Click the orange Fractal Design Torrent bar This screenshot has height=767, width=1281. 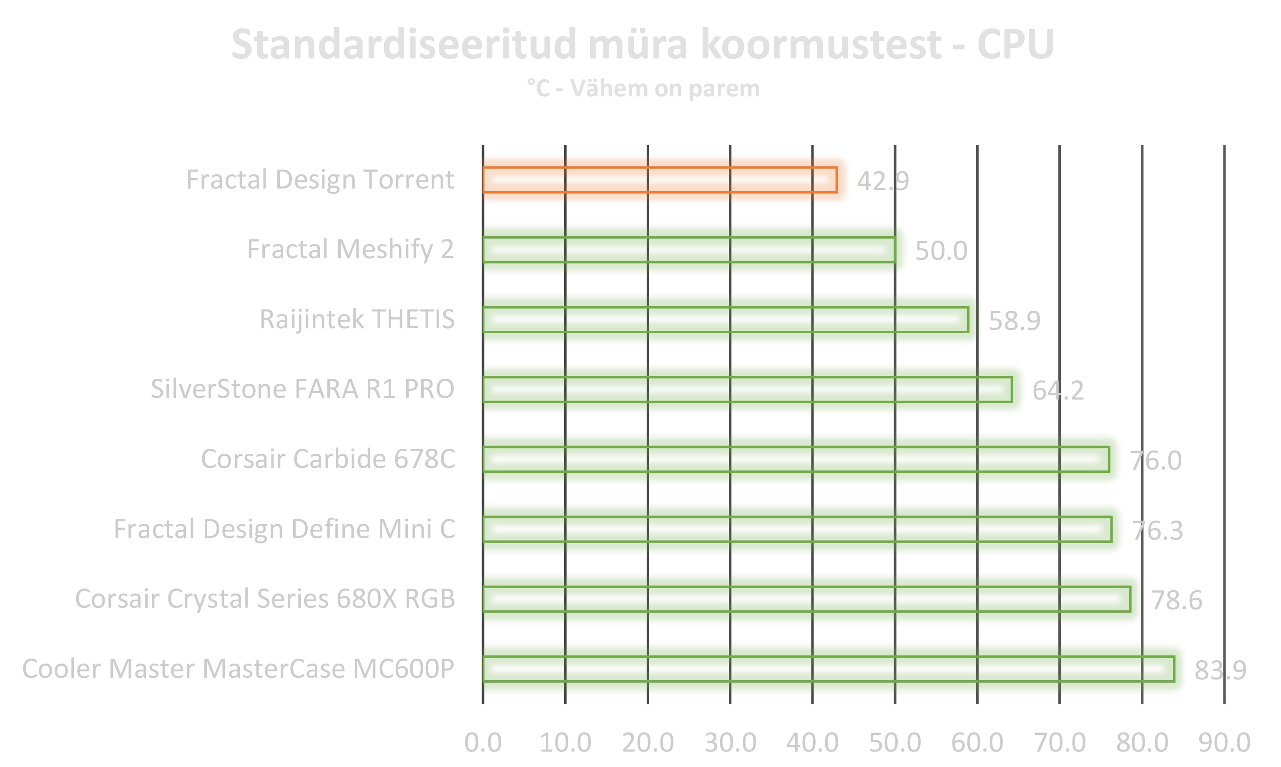click(x=659, y=180)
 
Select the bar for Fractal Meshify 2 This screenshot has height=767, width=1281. click(x=689, y=250)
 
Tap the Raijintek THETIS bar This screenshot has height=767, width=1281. click(x=725, y=319)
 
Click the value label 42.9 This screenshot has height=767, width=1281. click(x=883, y=181)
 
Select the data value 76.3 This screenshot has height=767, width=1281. click(x=1157, y=530)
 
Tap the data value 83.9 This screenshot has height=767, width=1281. click(x=1220, y=670)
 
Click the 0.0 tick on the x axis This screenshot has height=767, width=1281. click(x=482, y=743)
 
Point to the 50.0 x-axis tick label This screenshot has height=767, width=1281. click(x=895, y=743)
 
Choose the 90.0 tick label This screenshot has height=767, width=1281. click(x=1224, y=743)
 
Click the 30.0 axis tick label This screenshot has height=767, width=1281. click(x=730, y=743)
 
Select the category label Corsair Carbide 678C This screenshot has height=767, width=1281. click(x=328, y=459)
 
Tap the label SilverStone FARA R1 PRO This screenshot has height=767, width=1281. click(x=302, y=389)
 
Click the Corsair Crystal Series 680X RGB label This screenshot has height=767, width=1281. click(x=265, y=599)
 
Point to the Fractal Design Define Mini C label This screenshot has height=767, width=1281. click(x=284, y=529)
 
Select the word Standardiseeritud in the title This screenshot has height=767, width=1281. click(x=403, y=45)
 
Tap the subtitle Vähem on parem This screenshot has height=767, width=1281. click(x=665, y=89)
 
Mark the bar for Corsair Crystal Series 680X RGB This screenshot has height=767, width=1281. click(x=806, y=599)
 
